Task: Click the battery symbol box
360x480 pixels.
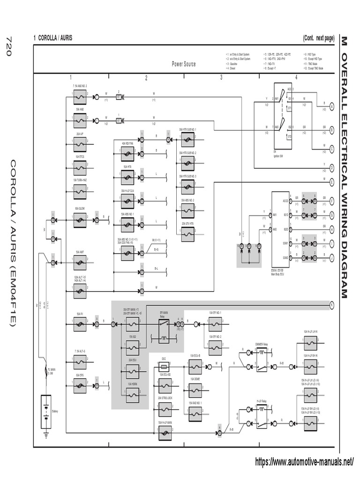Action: [x=46, y=411]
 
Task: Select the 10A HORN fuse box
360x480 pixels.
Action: [x=133, y=397]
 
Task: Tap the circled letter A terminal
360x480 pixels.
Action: [x=332, y=107]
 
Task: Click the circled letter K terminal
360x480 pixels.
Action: [x=332, y=304]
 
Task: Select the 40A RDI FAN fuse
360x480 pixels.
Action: [x=127, y=153]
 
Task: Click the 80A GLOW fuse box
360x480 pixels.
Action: [x=80, y=218]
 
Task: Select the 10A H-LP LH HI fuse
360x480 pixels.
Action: [x=310, y=345]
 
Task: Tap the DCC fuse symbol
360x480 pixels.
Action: [x=164, y=363]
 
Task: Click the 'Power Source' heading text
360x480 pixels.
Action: [x=184, y=64]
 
